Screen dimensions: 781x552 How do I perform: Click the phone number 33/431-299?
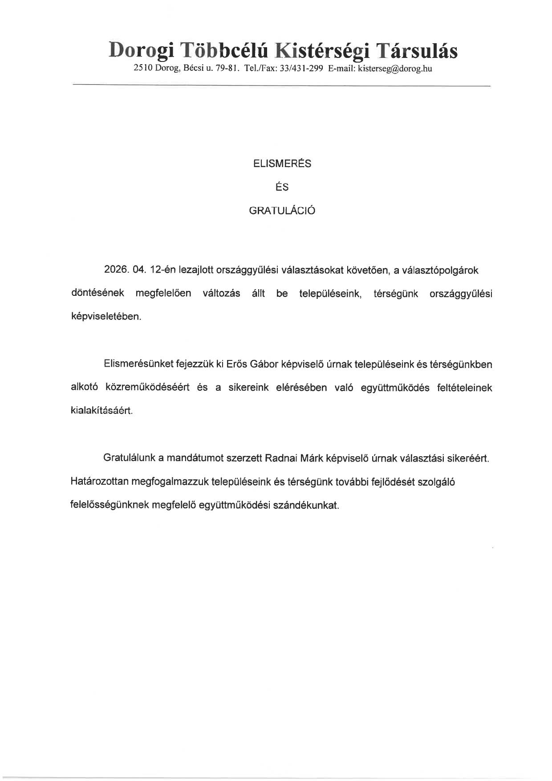pos(301,69)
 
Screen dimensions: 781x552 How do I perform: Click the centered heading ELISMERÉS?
pos(282,164)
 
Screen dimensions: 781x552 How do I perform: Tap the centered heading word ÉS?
pos(282,187)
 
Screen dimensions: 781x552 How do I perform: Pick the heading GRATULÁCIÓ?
pos(282,211)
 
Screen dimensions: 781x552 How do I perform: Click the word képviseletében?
pos(106,317)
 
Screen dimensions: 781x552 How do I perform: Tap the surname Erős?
pos(237,364)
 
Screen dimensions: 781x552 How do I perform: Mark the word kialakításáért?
pos(102,411)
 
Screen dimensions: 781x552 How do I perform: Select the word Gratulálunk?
pos(128,458)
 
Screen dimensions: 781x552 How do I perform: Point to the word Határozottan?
pos(100,482)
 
